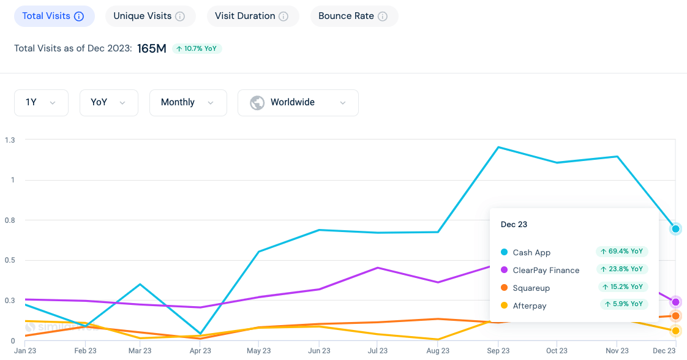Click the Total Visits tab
tap(54, 17)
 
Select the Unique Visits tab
tap(150, 17)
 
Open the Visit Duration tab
tap(252, 17)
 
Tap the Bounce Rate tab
tap(354, 17)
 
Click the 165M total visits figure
tap(152, 48)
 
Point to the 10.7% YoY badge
tap(197, 48)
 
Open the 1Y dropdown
tap(41, 103)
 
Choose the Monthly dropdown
tap(188, 103)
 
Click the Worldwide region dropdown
tap(298, 103)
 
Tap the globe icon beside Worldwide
tap(257, 103)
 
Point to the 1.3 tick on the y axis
tap(10, 140)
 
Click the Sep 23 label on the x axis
tap(498, 351)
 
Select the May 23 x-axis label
tap(258, 351)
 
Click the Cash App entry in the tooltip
tap(531, 252)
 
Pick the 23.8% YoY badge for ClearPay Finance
tap(621, 269)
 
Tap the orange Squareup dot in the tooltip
tap(505, 288)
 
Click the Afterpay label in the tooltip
tap(529, 306)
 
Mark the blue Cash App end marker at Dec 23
tap(675, 229)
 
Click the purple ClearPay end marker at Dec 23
tap(675, 302)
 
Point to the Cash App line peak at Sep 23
tap(498, 147)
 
